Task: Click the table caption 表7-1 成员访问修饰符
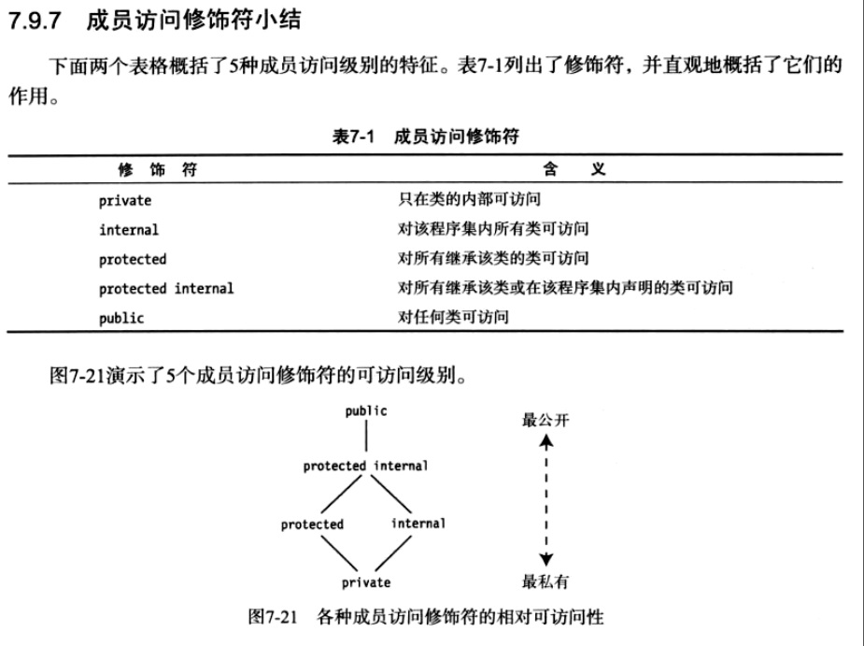(425, 136)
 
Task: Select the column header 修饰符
(157, 170)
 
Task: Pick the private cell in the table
(125, 200)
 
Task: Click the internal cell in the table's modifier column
(129, 229)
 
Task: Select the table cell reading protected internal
(166, 289)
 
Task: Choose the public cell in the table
(121, 318)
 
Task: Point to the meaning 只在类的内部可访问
(469, 199)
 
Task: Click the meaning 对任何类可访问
(453, 318)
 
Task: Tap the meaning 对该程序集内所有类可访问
(493, 229)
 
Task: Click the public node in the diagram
(366, 410)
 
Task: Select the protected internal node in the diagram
(365, 466)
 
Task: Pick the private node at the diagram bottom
(365, 582)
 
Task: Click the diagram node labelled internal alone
(418, 524)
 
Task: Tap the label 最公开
(545, 419)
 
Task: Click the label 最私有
(545, 582)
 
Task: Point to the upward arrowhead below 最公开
(545, 443)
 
